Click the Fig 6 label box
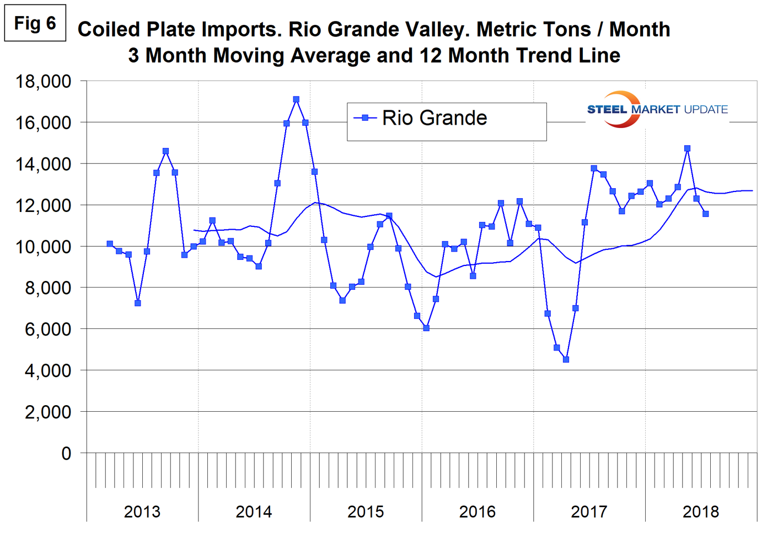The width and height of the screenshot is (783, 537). tap(35, 23)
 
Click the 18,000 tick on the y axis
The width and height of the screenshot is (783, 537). tap(44, 82)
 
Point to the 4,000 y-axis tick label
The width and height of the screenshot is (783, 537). tap(48, 370)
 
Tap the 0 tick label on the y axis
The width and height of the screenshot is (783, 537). tap(66, 453)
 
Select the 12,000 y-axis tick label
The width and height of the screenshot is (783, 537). tap(44, 205)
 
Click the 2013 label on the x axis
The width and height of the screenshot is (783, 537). tap(142, 512)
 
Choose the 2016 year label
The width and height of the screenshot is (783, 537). tap(477, 512)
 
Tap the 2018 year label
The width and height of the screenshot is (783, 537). tap(700, 512)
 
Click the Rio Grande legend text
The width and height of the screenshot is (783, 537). tap(435, 118)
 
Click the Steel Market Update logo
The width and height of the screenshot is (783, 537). tap(657, 109)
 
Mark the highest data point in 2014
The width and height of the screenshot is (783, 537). tap(296, 100)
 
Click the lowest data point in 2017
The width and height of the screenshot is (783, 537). tap(566, 359)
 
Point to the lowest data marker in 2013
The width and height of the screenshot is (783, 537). tap(138, 303)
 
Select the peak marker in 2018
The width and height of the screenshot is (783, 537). tap(687, 148)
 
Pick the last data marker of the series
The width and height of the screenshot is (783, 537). tap(705, 214)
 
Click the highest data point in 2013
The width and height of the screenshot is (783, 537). tap(165, 151)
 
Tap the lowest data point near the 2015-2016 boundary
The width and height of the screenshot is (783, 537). tap(426, 328)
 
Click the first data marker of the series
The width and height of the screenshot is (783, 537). tap(110, 244)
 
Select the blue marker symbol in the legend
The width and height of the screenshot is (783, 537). tap(364, 118)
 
